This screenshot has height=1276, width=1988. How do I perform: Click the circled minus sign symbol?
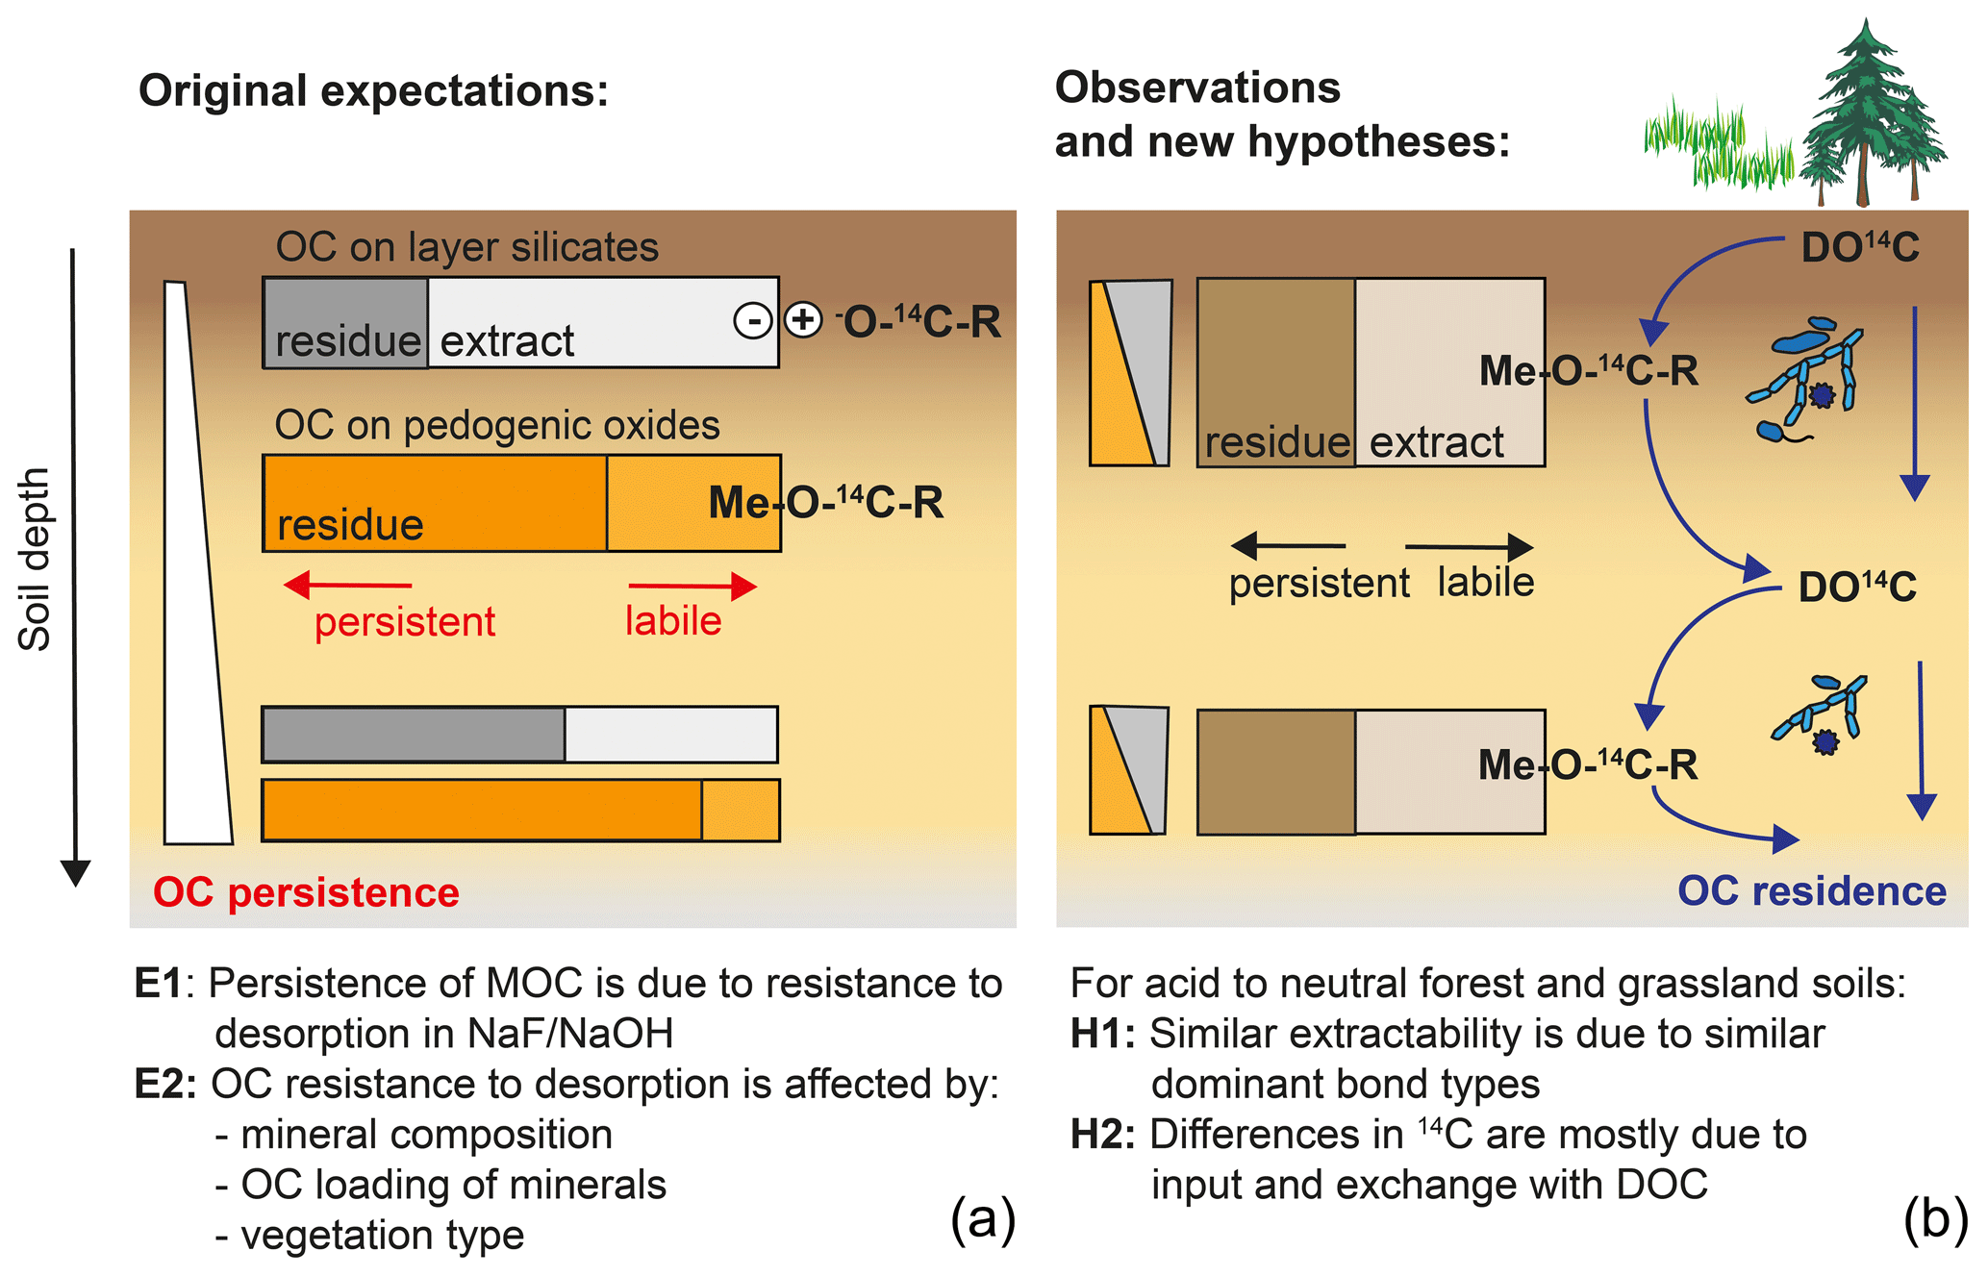[x=752, y=320]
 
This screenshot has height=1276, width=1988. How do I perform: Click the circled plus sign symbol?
[x=803, y=320]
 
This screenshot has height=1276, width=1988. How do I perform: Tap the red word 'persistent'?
[x=405, y=622]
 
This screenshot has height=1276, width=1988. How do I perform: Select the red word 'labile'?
[x=673, y=621]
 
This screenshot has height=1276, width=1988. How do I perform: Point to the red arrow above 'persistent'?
[x=348, y=585]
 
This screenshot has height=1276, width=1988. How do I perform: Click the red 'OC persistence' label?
[x=306, y=892]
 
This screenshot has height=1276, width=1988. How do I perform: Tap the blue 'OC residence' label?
[x=1812, y=891]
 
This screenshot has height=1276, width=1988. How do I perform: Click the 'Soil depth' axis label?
[x=35, y=560]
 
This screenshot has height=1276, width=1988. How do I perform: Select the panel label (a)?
[x=982, y=1219]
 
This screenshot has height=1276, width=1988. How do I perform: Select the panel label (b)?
[x=1935, y=1219]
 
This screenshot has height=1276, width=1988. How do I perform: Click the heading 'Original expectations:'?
[x=373, y=91]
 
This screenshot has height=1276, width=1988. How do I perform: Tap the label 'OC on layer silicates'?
[x=466, y=247]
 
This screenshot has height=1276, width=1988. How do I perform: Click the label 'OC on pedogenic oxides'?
[x=497, y=425]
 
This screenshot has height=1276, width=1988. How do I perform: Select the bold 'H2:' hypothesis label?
[x=1102, y=1135]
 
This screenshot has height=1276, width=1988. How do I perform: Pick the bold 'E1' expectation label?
[x=158, y=984]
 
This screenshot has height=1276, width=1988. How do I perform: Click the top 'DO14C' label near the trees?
[x=1859, y=248]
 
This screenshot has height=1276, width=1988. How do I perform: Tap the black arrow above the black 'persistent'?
[x=1289, y=546]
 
